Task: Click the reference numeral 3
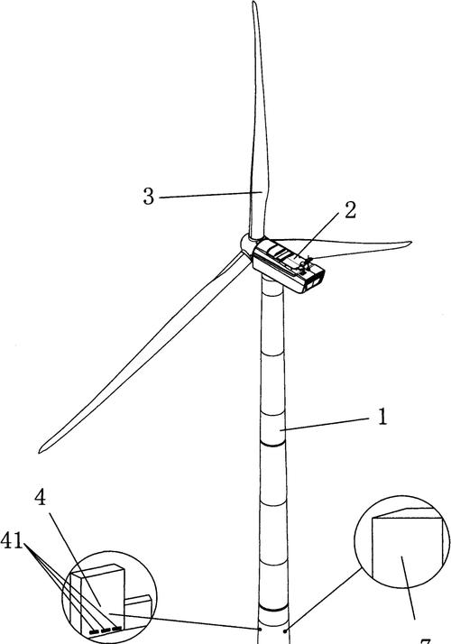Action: pos(149,196)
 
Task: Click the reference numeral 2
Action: pos(350,210)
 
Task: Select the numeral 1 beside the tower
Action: pos(382,419)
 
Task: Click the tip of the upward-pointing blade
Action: pos(253,5)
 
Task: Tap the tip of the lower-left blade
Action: pos(41,448)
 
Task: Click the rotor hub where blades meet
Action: pos(247,244)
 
